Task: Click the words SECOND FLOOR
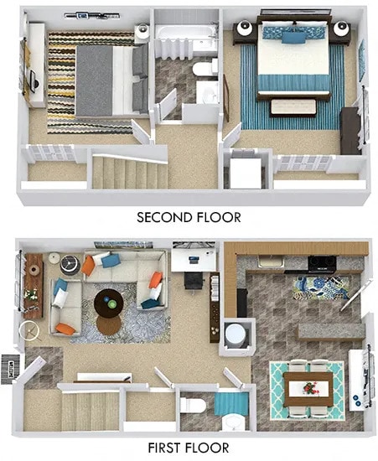tap(189, 217)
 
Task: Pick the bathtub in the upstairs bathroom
tap(187, 34)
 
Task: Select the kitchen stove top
tap(322, 262)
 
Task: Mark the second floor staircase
tap(119, 173)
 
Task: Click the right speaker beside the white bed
tap(341, 31)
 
